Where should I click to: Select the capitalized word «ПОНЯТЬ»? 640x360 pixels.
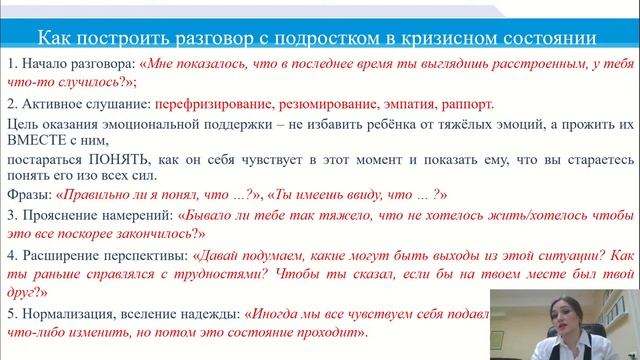point(117,160)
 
